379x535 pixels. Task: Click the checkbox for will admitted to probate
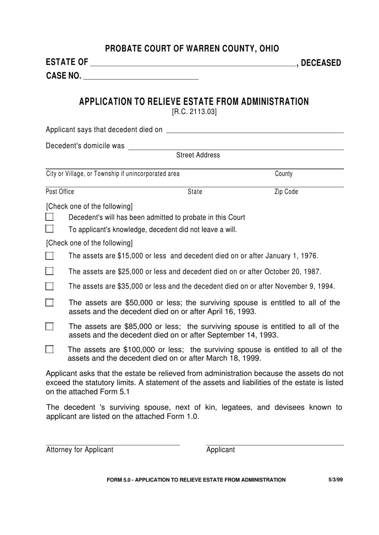(49, 217)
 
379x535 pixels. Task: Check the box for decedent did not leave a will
(49, 229)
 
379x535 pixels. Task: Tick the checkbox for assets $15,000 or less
(49, 256)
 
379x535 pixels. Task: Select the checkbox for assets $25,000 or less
(49, 271)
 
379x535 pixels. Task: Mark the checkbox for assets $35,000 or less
(49, 286)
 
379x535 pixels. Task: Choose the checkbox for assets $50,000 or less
(49, 303)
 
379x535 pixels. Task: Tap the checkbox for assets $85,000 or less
(49, 326)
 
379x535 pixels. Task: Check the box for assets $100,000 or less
(49, 349)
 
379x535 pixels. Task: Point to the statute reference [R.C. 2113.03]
(194, 112)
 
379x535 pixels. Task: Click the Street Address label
(198, 155)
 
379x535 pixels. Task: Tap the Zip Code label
(286, 192)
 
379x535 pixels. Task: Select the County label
(284, 174)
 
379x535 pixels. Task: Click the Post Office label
(60, 192)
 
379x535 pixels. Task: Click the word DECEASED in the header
(321, 63)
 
